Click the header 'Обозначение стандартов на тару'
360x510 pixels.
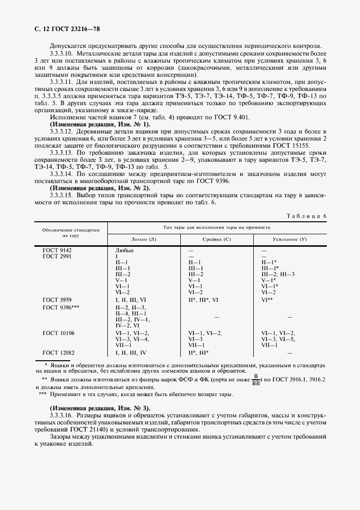[x=71, y=233]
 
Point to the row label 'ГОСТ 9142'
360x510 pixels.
[x=57, y=250]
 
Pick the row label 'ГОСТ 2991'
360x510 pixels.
[x=57, y=256]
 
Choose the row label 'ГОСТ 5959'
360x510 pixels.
[x=57, y=300]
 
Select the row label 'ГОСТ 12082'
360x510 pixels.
[x=58, y=353]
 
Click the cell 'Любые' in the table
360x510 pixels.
[x=125, y=250]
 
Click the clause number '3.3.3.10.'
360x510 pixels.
[x=61, y=54]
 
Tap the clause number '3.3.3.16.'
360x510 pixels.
[x=61, y=415]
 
